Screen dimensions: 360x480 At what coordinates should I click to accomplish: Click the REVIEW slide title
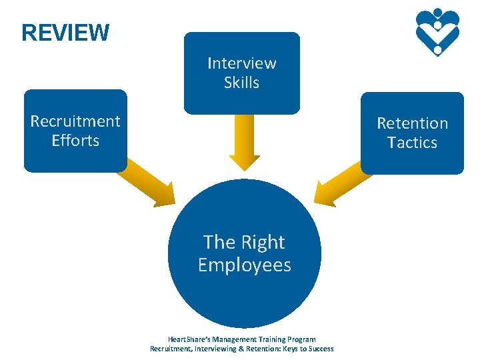point(65,32)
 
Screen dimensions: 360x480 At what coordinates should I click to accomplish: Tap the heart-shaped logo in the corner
point(437,31)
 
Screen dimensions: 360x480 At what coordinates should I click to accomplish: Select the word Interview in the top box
point(241,63)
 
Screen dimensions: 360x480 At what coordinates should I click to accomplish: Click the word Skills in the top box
point(241,83)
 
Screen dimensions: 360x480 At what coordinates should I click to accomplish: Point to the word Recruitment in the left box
point(75,121)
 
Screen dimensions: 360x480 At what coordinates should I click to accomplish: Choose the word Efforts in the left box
point(75,141)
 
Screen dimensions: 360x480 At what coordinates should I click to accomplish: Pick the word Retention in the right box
point(412,123)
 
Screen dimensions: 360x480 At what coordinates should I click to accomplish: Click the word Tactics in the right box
point(412,143)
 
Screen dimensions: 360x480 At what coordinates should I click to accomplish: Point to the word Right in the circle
point(262,242)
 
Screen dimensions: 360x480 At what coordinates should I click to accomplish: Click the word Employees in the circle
point(245,265)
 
